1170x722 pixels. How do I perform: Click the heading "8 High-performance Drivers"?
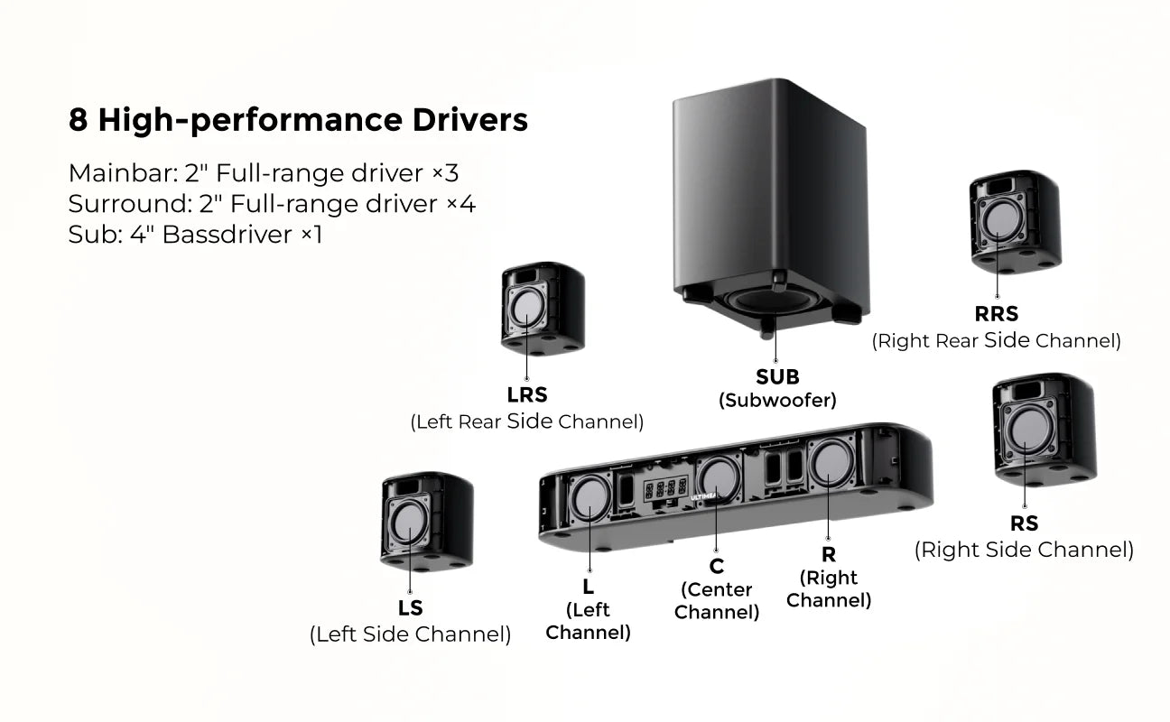pos(298,120)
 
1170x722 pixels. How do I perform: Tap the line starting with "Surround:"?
pos(272,204)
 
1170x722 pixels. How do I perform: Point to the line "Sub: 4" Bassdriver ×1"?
pos(195,235)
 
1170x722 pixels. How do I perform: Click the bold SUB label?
pos(777,377)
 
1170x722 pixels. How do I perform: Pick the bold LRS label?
pos(527,395)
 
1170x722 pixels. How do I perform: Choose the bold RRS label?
pos(996,314)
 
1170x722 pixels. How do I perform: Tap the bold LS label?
pos(410,607)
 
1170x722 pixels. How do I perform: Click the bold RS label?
pos(1024,523)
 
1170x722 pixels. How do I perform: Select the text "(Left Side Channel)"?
pos(410,634)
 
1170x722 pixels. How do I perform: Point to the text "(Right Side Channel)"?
pos(1024,550)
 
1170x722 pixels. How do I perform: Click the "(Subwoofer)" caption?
pos(777,400)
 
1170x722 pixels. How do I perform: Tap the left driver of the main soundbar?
pos(590,499)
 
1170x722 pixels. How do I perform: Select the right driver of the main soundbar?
pos(831,461)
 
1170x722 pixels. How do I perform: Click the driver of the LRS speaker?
pos(525,309)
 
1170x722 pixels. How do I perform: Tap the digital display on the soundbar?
pos(665,490)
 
